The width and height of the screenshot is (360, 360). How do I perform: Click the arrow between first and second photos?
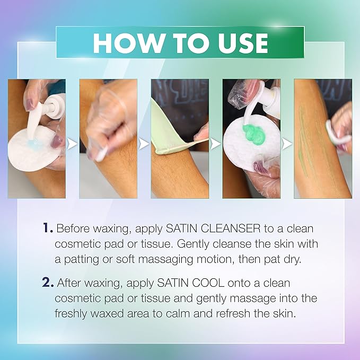click(73, 143)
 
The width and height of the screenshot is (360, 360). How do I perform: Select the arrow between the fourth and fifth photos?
click(287, 143)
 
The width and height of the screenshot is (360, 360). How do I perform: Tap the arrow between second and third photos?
click(144, 143)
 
